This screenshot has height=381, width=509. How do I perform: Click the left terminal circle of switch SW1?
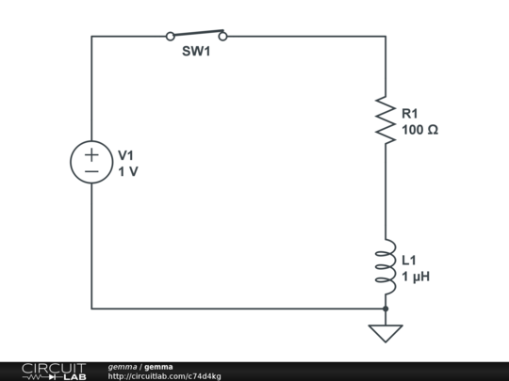pos(170,37)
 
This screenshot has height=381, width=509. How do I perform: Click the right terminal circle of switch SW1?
pos(222,37)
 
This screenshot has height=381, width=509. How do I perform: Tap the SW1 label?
pos(196,51)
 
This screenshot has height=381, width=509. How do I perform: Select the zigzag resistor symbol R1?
pos(386,119)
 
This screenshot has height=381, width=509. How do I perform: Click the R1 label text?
pos(410,114)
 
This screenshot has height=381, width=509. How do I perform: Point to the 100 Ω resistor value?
pos(420,130)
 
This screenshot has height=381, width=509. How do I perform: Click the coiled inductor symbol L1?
pos(386,266)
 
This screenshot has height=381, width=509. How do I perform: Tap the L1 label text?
pos(409,261)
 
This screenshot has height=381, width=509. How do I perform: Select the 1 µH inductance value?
pos(416,277)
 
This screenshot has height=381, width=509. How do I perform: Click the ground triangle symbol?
pos(386,333)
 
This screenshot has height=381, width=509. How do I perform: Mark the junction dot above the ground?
pos(386,309)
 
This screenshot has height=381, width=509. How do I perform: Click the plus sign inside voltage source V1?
pos(91,154)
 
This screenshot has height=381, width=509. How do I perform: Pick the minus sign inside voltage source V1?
pos(91,171)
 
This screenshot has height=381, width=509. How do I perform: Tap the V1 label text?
pos(126,155)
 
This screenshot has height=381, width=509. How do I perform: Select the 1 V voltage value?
pos(128,172)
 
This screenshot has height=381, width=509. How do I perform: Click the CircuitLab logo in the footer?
pos(54,372)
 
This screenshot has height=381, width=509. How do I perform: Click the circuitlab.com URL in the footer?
pos(165,376)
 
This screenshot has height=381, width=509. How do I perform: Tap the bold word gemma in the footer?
pos(158,367)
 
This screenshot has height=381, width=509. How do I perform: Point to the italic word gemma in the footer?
pos(123,367)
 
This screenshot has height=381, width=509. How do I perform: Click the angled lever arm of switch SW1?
pos(199,32)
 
